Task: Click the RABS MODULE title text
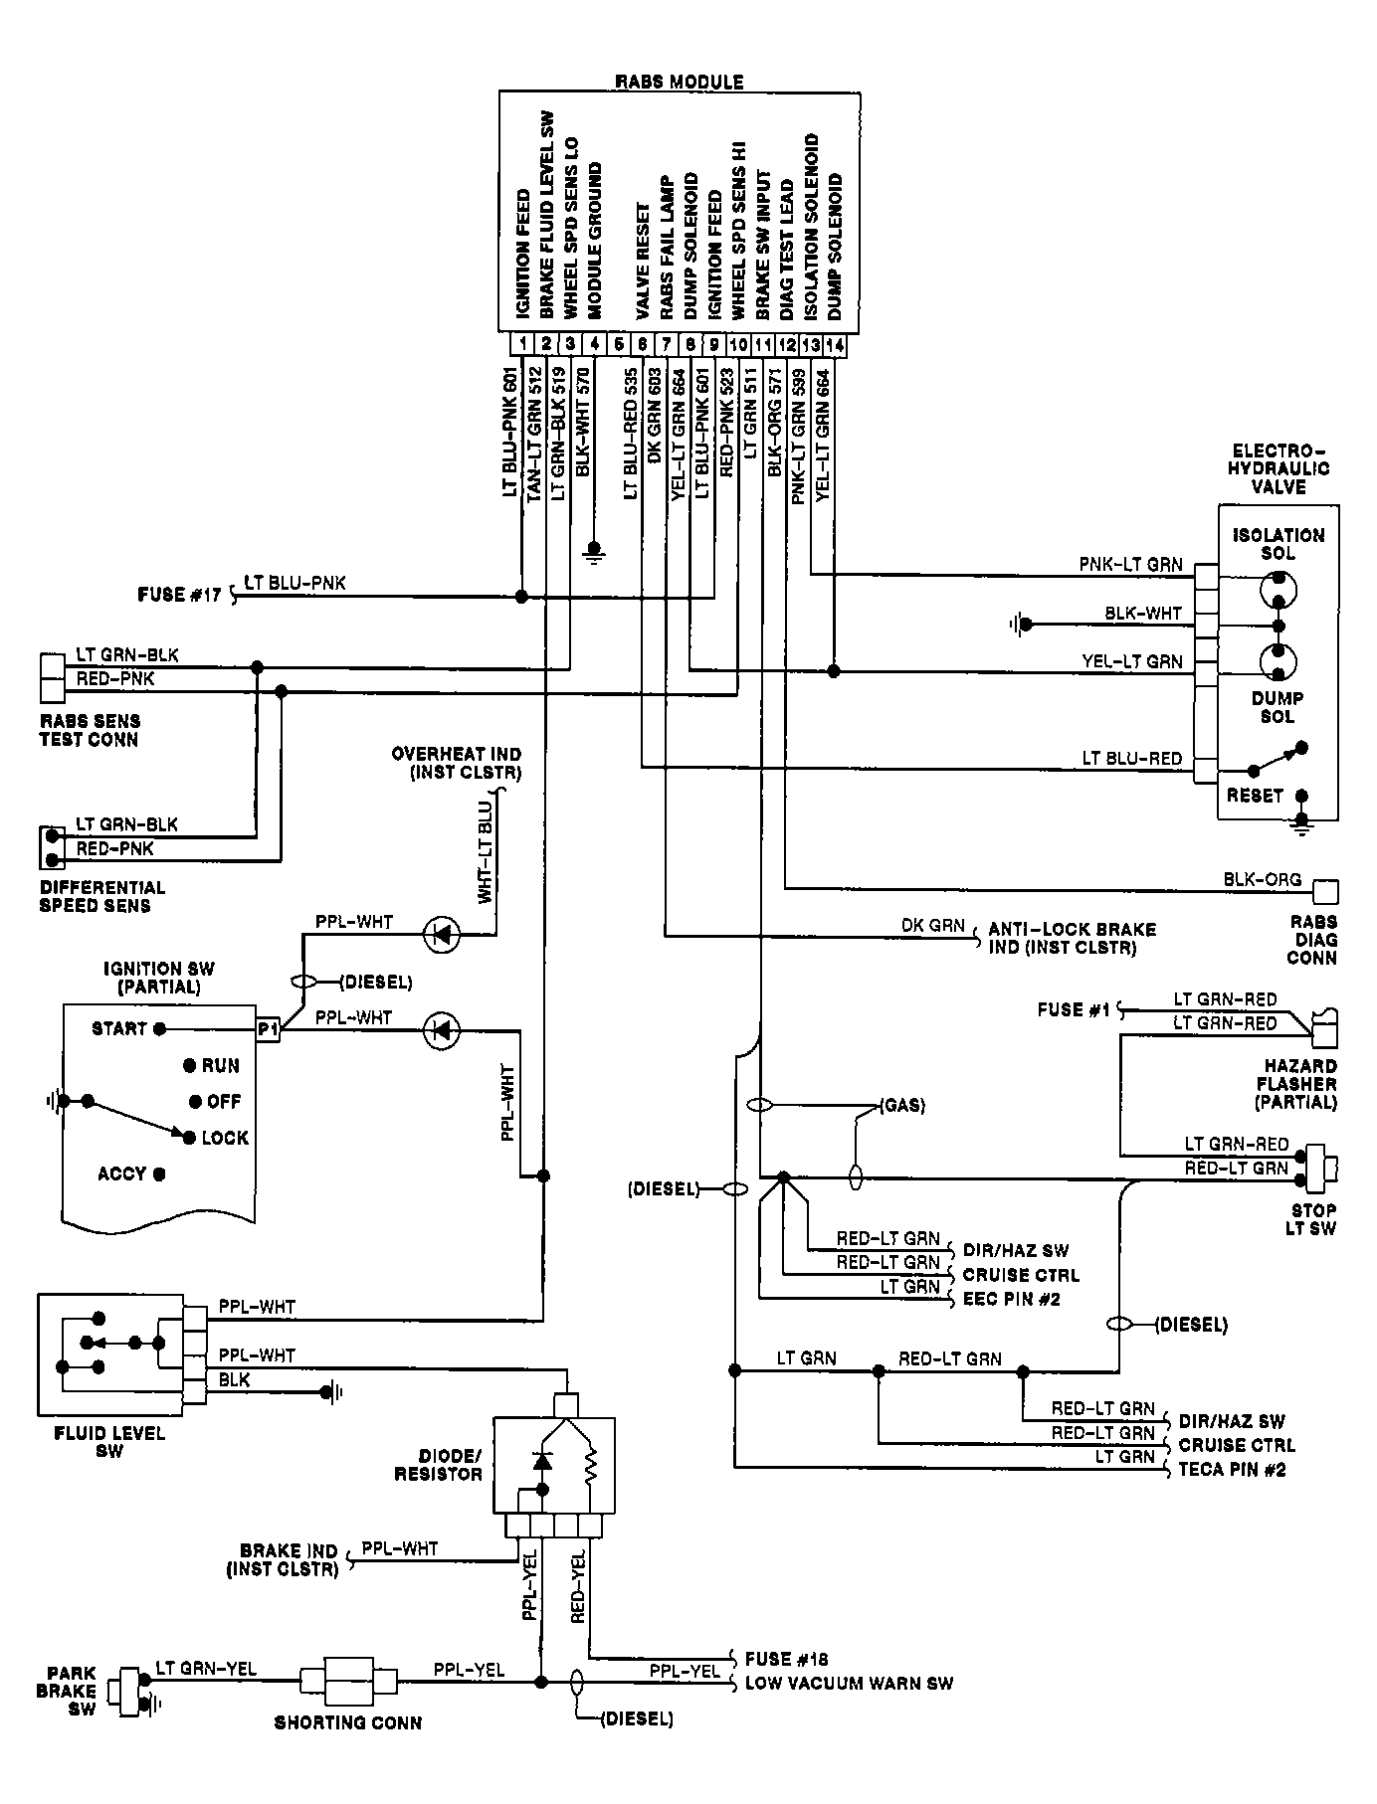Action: [x=679, y=82]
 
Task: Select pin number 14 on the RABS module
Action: [x=835, y=344]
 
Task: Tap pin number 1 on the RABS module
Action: [x=521, y=344]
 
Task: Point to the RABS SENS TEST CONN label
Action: [x=89, y=730]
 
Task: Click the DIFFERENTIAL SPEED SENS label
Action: [x=101, y=896]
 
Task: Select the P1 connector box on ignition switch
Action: [x=267, y=1030]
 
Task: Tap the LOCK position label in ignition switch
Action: [x=224, y=1138]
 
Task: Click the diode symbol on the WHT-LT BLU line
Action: [x=441, y=934]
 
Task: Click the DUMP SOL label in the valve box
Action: [x=1278, y=707]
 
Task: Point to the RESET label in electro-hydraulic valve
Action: [x=1255, y=796]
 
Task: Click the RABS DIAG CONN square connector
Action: [x=1325, y=891]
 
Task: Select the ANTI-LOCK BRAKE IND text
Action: [x=1071, y=938]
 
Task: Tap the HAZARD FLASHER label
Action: [x=1296, y=1083]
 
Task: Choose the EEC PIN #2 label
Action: [x=1011, y=1299]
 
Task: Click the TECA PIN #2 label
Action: [x=1232, y=1469]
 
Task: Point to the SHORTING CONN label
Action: [x=347, y=1722]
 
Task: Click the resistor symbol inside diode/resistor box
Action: [x=589, y=1463]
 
